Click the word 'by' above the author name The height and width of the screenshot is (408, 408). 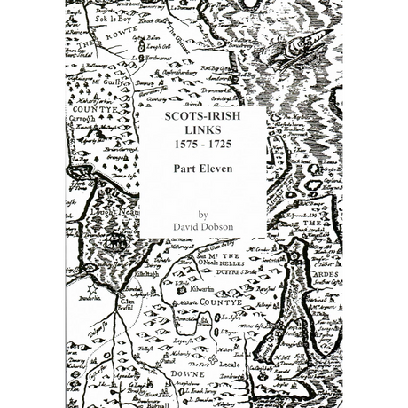coord(203,214)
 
